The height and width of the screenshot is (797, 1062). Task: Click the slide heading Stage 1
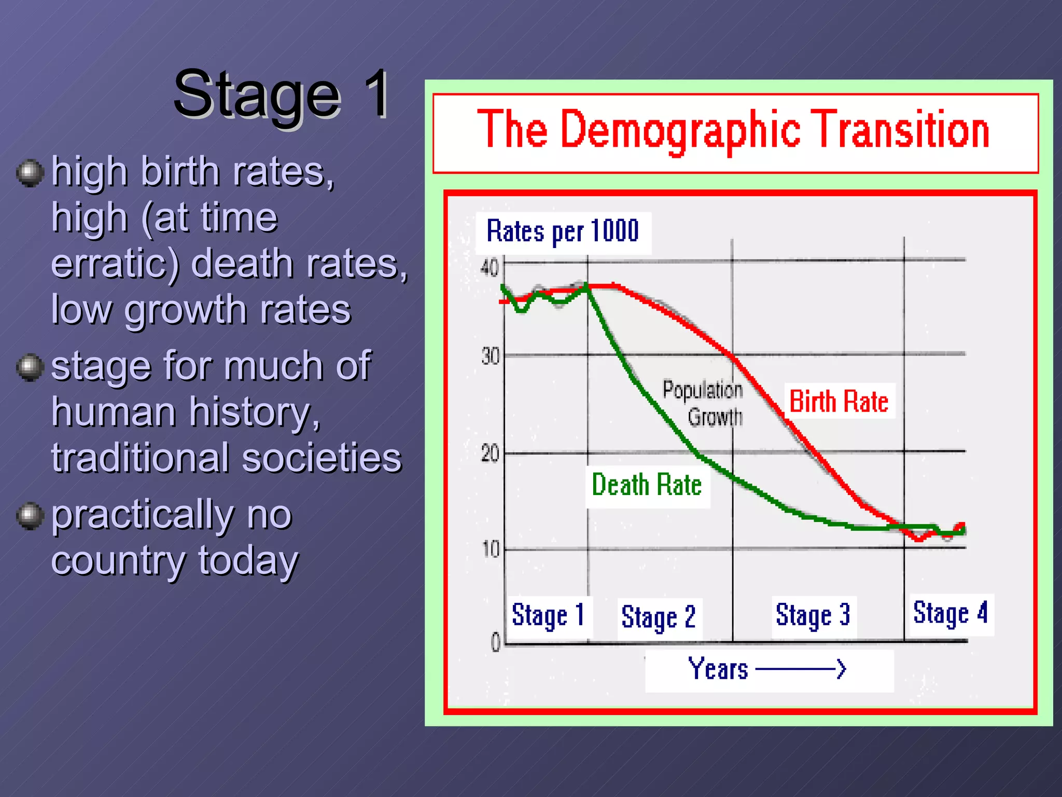282,94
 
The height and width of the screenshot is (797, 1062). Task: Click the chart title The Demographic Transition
733,130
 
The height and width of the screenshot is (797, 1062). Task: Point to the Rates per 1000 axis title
563,232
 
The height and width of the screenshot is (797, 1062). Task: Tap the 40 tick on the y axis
489,268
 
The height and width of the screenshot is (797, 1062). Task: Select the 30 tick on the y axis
490,356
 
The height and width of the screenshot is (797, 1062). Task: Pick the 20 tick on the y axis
490,454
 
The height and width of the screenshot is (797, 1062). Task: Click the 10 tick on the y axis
491,549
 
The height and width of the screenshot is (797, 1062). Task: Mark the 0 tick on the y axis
496,642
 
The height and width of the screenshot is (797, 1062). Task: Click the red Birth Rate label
839,402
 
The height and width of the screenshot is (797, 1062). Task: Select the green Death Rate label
647,485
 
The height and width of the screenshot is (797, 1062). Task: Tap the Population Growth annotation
703,403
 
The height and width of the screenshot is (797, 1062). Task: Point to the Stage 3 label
813,616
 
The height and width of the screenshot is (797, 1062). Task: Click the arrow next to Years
801,669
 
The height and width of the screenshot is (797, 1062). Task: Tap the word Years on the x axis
718,669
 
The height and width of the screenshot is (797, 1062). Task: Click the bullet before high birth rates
30,173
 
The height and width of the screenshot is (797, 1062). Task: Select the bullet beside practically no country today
30,516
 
